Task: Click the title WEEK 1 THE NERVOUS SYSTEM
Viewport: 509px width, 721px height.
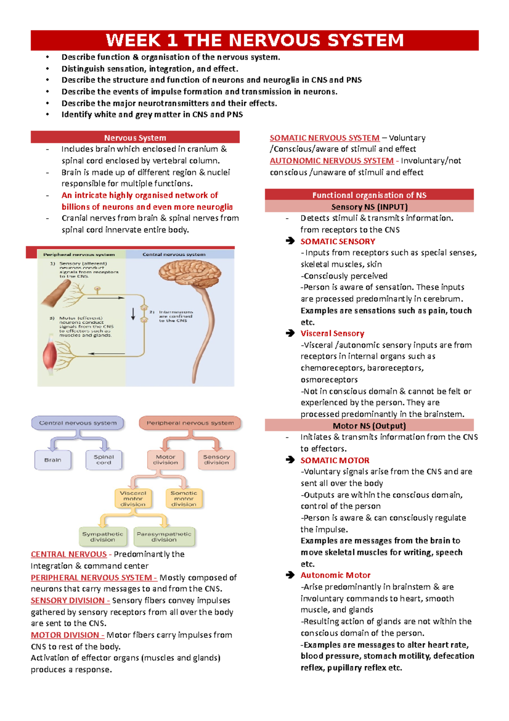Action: coord(255,40)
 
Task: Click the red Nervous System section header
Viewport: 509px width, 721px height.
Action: coord(135,138)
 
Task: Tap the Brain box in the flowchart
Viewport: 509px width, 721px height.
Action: coord(53,460)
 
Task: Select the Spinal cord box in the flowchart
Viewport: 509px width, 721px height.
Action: coord(103,460)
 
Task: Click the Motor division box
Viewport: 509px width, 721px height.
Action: coord(165,460)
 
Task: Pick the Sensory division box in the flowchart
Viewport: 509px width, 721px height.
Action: coord(216,460)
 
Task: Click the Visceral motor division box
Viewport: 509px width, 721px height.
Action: coord(133,499)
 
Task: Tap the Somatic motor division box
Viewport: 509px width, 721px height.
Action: coord(184,499)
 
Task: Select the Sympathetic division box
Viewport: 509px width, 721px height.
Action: coord(103,537)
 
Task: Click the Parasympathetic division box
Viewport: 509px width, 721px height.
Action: coord(164,537)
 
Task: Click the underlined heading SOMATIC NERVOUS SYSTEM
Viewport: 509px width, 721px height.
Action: coord(324,138)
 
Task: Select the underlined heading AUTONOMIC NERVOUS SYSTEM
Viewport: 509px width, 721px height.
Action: coord(332,161)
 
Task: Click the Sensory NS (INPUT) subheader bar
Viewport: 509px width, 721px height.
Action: coord(369,207)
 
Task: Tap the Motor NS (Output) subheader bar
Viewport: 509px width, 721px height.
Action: coord(369,425)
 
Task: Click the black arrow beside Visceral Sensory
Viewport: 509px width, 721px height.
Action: coord(290,333)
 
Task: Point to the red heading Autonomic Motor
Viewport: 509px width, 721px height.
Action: coord(336,575)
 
